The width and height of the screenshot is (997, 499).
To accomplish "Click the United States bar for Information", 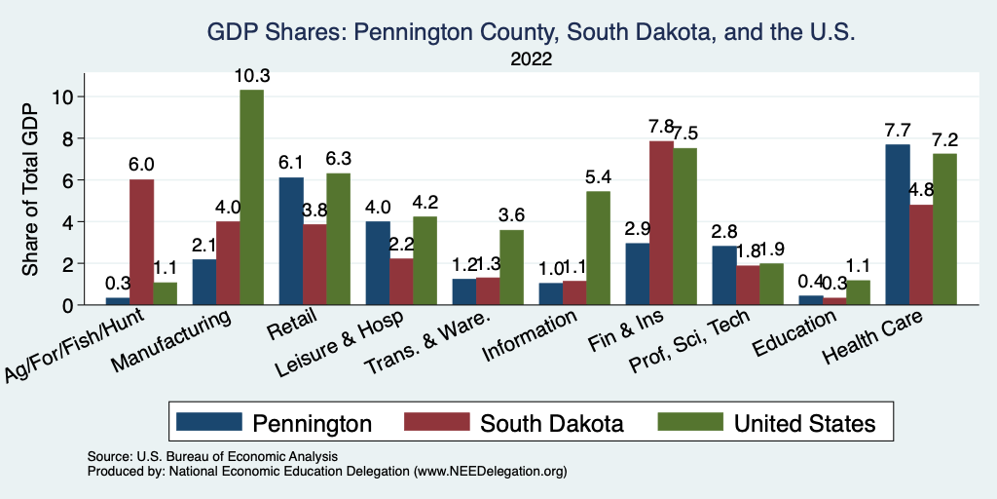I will click(597, 248).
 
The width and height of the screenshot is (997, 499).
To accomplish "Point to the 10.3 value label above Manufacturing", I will click(251, 75).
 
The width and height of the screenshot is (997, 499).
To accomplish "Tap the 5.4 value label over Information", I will click(597, 176).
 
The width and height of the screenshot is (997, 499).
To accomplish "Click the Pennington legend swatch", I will click(208, 422).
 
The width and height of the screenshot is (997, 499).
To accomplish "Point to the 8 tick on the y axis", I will click(67, 138).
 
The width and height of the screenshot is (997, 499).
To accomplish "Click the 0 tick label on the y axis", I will click(67, 305).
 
